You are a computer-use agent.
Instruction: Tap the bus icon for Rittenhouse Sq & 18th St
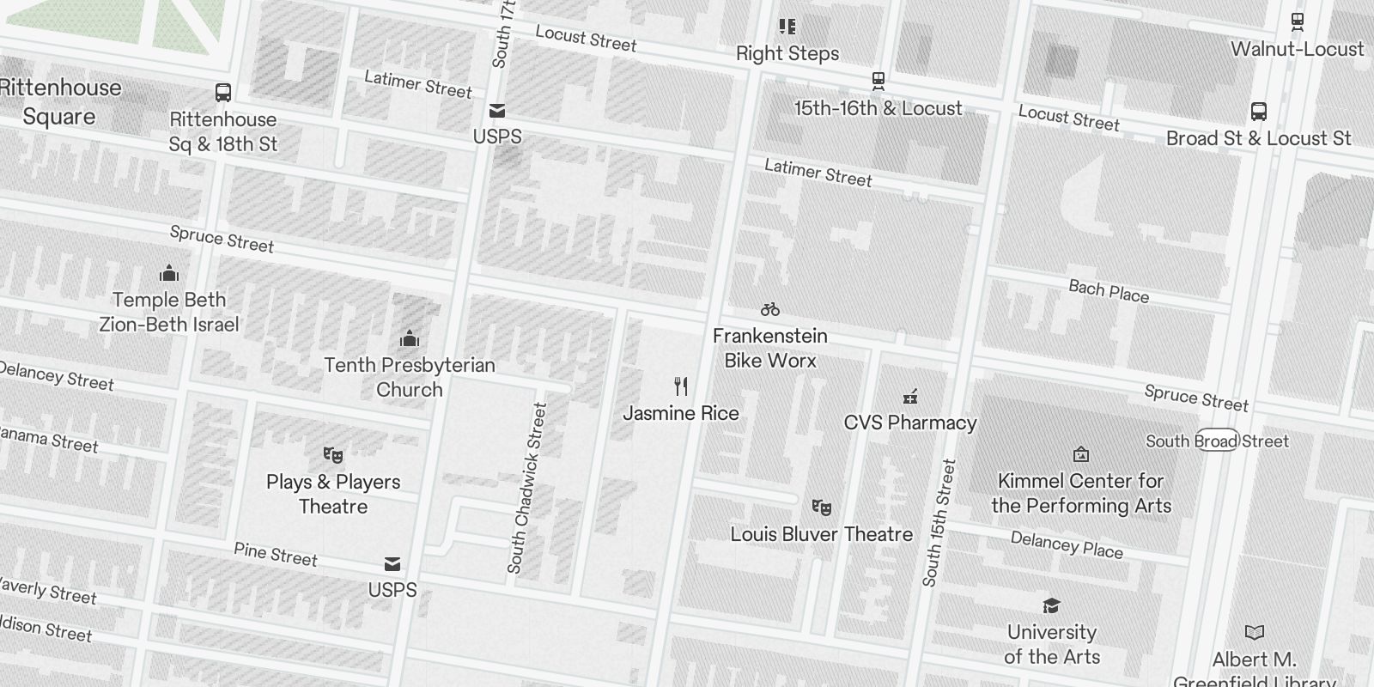(x=222, y=93)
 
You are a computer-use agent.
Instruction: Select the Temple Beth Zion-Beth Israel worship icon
(x=169, y=274)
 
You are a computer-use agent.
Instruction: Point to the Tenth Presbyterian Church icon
(x=410, y=338)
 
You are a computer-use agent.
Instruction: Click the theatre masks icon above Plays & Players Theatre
(x=333, y=455)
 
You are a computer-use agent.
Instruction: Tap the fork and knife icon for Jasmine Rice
(x=681, y=386)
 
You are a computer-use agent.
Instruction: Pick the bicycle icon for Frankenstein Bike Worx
(x=770, y=309)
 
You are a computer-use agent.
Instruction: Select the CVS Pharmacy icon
(x=910, y=397)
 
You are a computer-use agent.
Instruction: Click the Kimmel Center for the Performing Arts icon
(x=1081, y=454)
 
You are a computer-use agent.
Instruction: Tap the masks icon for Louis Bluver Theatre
(x=822, y=508)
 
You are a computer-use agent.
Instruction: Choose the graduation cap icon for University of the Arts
(x=1051, y=606)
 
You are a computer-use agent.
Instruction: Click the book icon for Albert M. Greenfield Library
(x=1255, y=633)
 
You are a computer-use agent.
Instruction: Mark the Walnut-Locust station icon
(x=1297, y=21)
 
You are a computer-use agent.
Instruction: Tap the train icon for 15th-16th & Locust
(x=878, y=82)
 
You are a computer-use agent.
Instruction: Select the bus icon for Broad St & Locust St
(x=1258, y=112)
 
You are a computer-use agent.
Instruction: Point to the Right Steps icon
(x=787, y=27)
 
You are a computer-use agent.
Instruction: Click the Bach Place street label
(x=1109, y=291)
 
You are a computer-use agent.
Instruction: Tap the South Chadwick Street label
(x=526, y=488)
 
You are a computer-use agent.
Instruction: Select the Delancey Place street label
(x=1067, y=544)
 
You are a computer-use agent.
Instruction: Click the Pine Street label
(x=276, y=555)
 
